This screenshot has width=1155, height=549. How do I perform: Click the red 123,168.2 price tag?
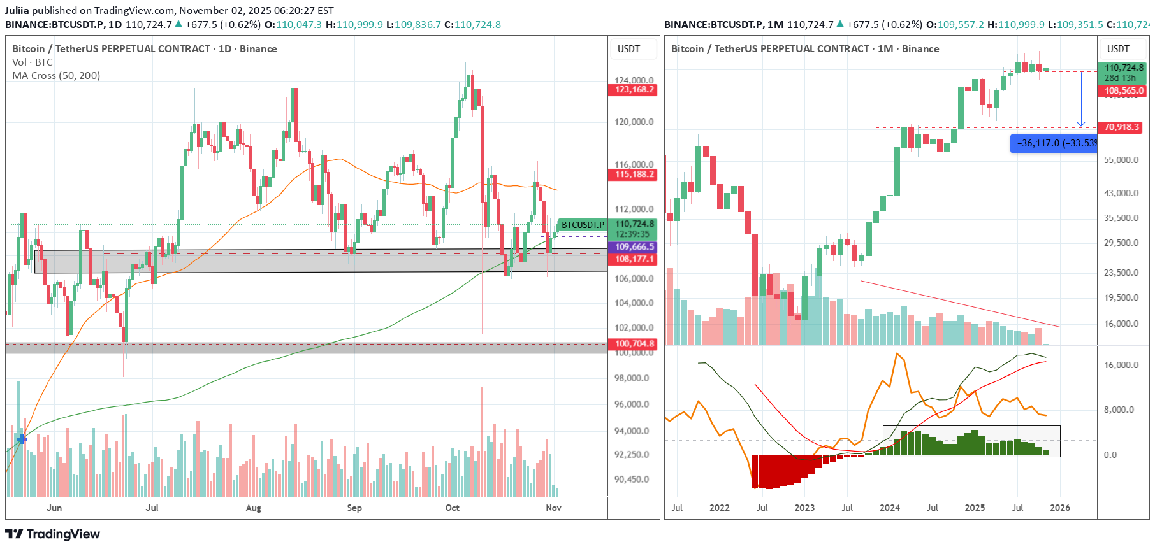click(x=634, y=90)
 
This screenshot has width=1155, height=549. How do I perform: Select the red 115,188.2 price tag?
click(x=634, y=175)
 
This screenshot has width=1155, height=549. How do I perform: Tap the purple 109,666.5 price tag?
click(x=634, y=247)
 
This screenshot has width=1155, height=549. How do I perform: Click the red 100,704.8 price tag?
click(x=634, y=344)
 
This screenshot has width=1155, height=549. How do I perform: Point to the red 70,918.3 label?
click(x=1122, y=127)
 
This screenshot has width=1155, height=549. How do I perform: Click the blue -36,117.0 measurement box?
click(x=1055, y=143)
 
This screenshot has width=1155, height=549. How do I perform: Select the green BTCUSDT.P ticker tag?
click(x=582, y=225)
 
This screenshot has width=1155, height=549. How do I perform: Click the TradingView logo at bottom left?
click(x=53, y=534)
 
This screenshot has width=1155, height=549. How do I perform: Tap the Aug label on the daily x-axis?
click(x=253, y=508)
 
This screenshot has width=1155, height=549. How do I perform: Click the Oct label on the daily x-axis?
click(x=452, y=508)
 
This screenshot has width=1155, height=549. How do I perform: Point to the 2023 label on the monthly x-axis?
click(x=804, y=508)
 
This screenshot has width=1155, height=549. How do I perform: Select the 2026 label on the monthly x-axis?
click(x=1059, y=508)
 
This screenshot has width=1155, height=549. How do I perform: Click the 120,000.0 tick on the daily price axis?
click(x=634, y=122)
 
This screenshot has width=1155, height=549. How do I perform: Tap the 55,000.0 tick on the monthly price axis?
click(x=1121, y=160)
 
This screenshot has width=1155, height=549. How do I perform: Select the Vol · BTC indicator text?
click(x=33, y=62)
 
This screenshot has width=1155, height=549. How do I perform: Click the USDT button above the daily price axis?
click(x=628, y=49)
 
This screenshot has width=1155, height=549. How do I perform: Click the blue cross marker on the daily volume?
click(x=22, y=439)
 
